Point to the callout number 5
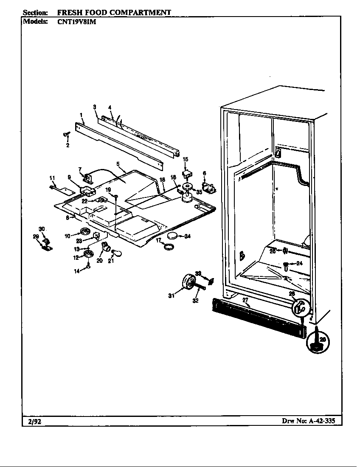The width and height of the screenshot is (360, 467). tap(118, 163)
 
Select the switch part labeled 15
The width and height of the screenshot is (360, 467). tap(186, 174)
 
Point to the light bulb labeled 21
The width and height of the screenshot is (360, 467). tap(119, 253)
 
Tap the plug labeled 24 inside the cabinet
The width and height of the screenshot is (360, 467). tap(287, 266)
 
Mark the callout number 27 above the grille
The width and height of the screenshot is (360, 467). tap(245, 300)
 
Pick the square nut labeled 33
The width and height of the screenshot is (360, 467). tap(210, 280)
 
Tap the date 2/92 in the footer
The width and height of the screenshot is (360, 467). tap(34, 421)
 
